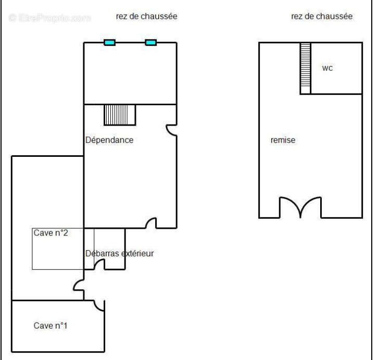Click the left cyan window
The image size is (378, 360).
[x=109, y=43]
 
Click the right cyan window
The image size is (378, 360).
[x=150, y=43]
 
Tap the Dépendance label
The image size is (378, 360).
[x=109, y=140]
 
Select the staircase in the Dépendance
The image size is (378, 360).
[x=120, y=115]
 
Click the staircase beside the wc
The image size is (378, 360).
[x=306, y=68]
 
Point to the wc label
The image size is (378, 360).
[x=327, y=68]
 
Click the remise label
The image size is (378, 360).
[x=283, y=140]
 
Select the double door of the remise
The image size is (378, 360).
[x=300, y=207]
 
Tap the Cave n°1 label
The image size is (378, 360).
[x=51, y=326]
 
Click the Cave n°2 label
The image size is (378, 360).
[x=51, y=233]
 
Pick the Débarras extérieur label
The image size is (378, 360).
[x=120, y=253]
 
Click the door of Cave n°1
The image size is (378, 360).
[x=99, y=305]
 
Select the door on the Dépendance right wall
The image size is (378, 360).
[x=171, y=130]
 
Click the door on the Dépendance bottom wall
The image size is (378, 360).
[x=151, y=222]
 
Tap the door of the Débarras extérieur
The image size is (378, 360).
[x=99, y=264]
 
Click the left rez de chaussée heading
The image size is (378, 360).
[x=147, y=16]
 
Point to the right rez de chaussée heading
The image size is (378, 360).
[x=322, y=16]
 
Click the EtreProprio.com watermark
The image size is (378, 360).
[x=50, y=18]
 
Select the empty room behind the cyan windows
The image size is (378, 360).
[x=130, y=73]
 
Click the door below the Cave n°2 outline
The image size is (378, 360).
[x=79, y=285]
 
